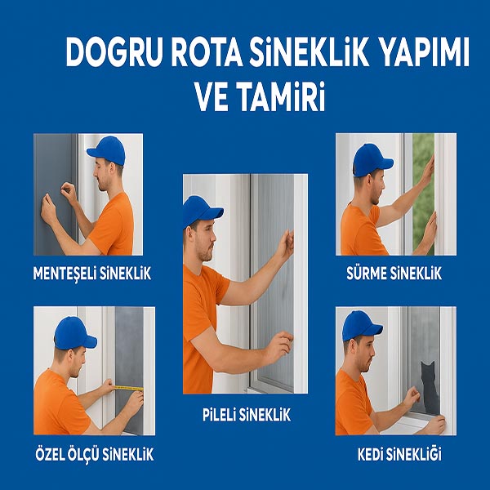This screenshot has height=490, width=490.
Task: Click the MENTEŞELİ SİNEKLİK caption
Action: [x=92, y=274]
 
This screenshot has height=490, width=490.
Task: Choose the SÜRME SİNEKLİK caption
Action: [x=394, y=274]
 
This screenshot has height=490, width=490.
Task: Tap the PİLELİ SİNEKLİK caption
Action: [x=247, y=416]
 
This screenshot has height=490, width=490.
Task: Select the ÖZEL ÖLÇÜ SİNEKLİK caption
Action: [x=95, y=454]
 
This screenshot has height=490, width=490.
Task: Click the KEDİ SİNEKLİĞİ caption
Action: [x=399, y=454]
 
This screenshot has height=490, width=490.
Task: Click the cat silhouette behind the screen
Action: [x=429, y=387]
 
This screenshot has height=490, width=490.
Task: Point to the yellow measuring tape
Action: [x=128, y=389]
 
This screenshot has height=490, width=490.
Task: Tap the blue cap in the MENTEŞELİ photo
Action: [x=106, y=150]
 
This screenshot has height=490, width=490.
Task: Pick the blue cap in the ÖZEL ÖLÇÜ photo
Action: [x=73, y=333]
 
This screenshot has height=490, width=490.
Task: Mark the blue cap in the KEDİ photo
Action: [x=361, y=326]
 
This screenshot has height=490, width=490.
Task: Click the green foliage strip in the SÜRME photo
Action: [x=423, y=194]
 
